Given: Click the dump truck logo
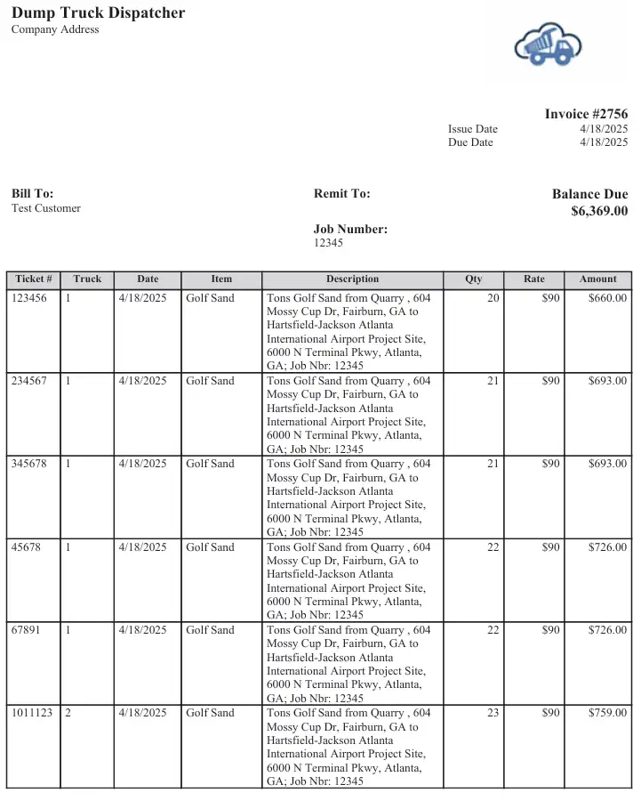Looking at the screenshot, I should (x=548, y=44).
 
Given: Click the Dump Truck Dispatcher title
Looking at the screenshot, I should (x=99, y=12).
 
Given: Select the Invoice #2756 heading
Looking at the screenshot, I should (x=586, y=114).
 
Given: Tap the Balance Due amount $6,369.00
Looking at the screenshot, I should (x=599, y=211).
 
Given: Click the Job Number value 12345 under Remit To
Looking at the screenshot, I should (x=328, y=243).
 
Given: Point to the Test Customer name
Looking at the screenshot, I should (x=46, y=208).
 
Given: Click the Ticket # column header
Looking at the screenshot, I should (x=34, y=279).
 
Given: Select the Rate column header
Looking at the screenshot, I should (x=533, y=279).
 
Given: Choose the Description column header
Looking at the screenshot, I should (x=352, y=279).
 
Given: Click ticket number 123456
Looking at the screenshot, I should (x=29, y=298).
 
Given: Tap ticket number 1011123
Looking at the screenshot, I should (x=32, y=713).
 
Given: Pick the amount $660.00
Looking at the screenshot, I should (x=607, y=298).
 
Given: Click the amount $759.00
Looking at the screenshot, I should (x=607, y=713).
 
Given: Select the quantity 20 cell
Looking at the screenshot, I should (x=493, y=298).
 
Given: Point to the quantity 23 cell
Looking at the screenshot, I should (x=493, y=713).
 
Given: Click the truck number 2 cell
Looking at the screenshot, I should (x=68, y=713).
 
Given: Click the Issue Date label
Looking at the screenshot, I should (x=473, y=129).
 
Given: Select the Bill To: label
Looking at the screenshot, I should (x=33, y=193).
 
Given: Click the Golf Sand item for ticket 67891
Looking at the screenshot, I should (x=210, y=630).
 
